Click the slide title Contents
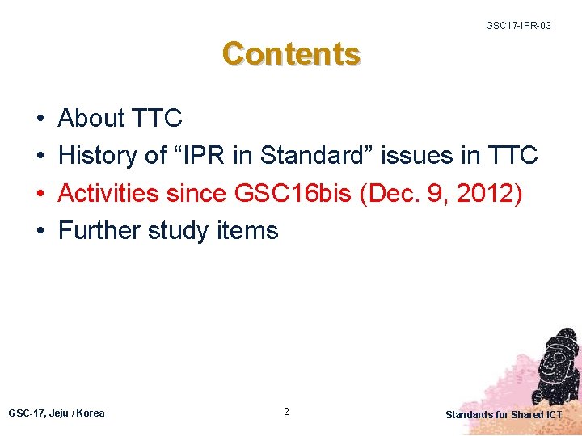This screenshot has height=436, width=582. [x=292, y=54]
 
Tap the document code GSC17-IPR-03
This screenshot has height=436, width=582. [x=518, y=26]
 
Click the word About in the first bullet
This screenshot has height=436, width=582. [x=91, y=119]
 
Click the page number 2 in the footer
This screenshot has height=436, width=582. [x=286, y=412]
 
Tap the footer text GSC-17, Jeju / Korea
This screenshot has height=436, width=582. [x=56, y=413]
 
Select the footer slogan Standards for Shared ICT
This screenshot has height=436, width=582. [x=504, y=415]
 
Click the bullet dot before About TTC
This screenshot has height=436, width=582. [x=40, y=119]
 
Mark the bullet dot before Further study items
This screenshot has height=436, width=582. [x=40, y=232]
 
